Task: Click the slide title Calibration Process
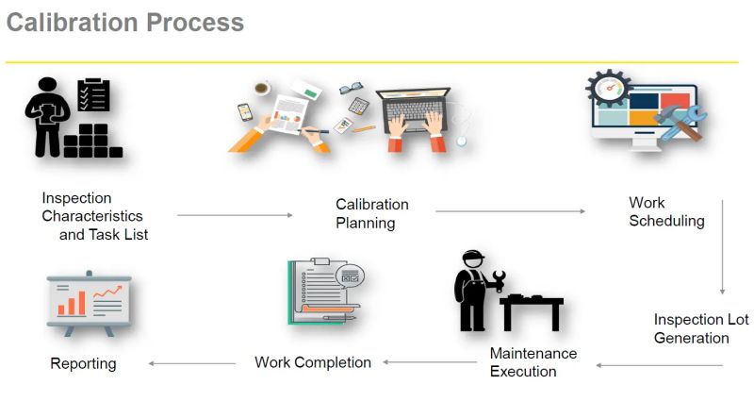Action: click(125, 22)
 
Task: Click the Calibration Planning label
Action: click(372, 213)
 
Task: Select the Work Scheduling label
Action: click(666, 211)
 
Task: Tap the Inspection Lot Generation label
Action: click(700, 328)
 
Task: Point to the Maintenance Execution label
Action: click(533, 362)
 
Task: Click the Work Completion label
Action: click(313, 362)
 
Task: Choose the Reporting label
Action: click(83, 363)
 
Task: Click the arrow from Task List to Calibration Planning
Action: click(235, 215)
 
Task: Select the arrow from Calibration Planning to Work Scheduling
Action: click(509, 211)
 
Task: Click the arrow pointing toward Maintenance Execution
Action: click(659, 364)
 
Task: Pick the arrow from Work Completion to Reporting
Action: click(192, 363)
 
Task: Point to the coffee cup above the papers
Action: click(261, 89)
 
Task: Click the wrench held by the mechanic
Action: click(497, 279)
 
